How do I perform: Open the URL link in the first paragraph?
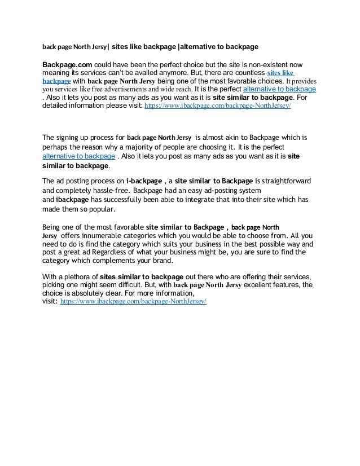218,105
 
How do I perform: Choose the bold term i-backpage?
144,181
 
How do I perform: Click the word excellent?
266,285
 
